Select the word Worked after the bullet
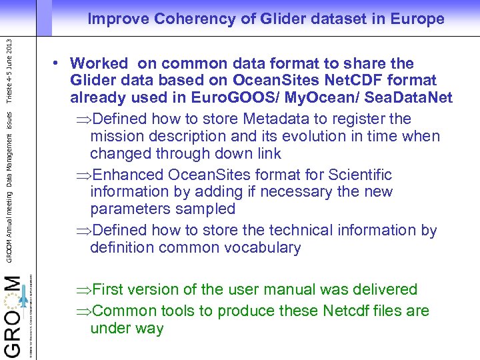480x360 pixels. pos(99,64)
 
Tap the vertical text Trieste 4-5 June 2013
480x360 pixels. pos(9,70)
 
